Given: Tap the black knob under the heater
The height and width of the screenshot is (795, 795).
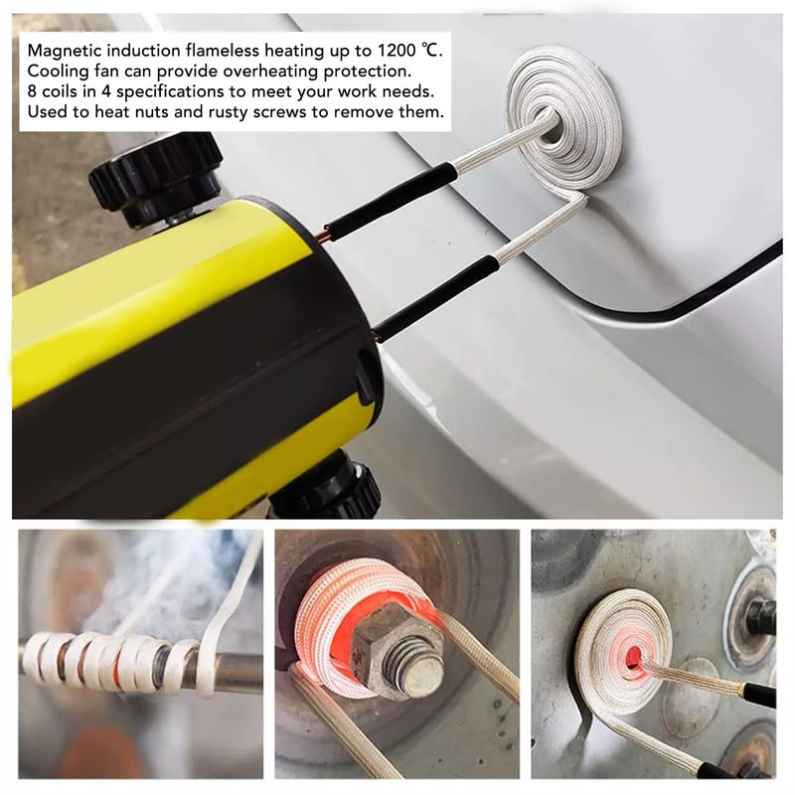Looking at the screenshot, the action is point(330,487).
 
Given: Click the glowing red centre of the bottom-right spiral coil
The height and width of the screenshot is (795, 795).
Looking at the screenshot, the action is point(633,658).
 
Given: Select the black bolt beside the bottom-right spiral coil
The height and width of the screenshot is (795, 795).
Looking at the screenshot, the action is point(761,616).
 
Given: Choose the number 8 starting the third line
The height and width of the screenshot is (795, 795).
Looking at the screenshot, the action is point(32,91).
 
